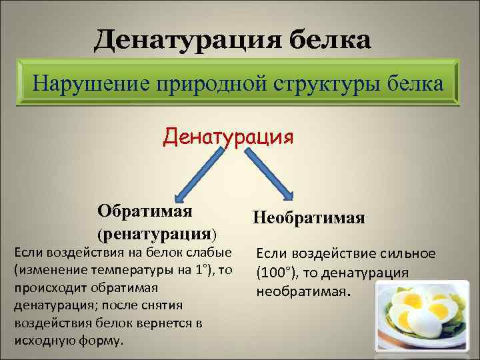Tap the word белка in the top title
[x=329, y=39]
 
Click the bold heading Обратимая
[x=145, y=211]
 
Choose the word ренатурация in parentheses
[x=157, y=234]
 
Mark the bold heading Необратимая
[x=309, y=218]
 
